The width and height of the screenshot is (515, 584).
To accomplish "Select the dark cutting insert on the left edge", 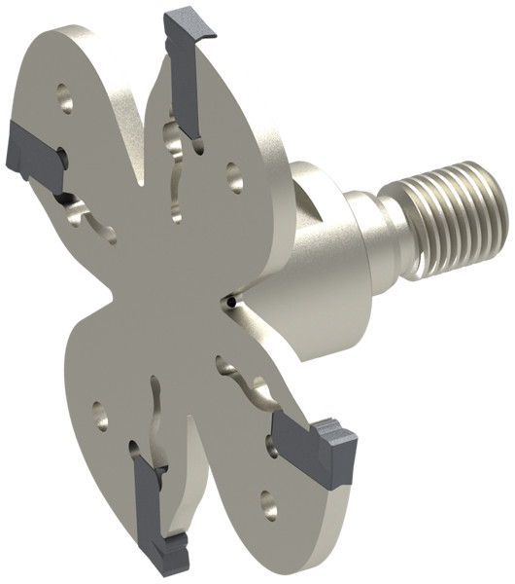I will click(29, 149).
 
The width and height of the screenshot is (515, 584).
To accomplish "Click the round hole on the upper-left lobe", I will click(65, 96).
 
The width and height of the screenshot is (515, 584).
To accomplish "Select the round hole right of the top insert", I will click(235, 176).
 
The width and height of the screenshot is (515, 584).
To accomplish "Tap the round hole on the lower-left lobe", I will click(98, 416).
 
